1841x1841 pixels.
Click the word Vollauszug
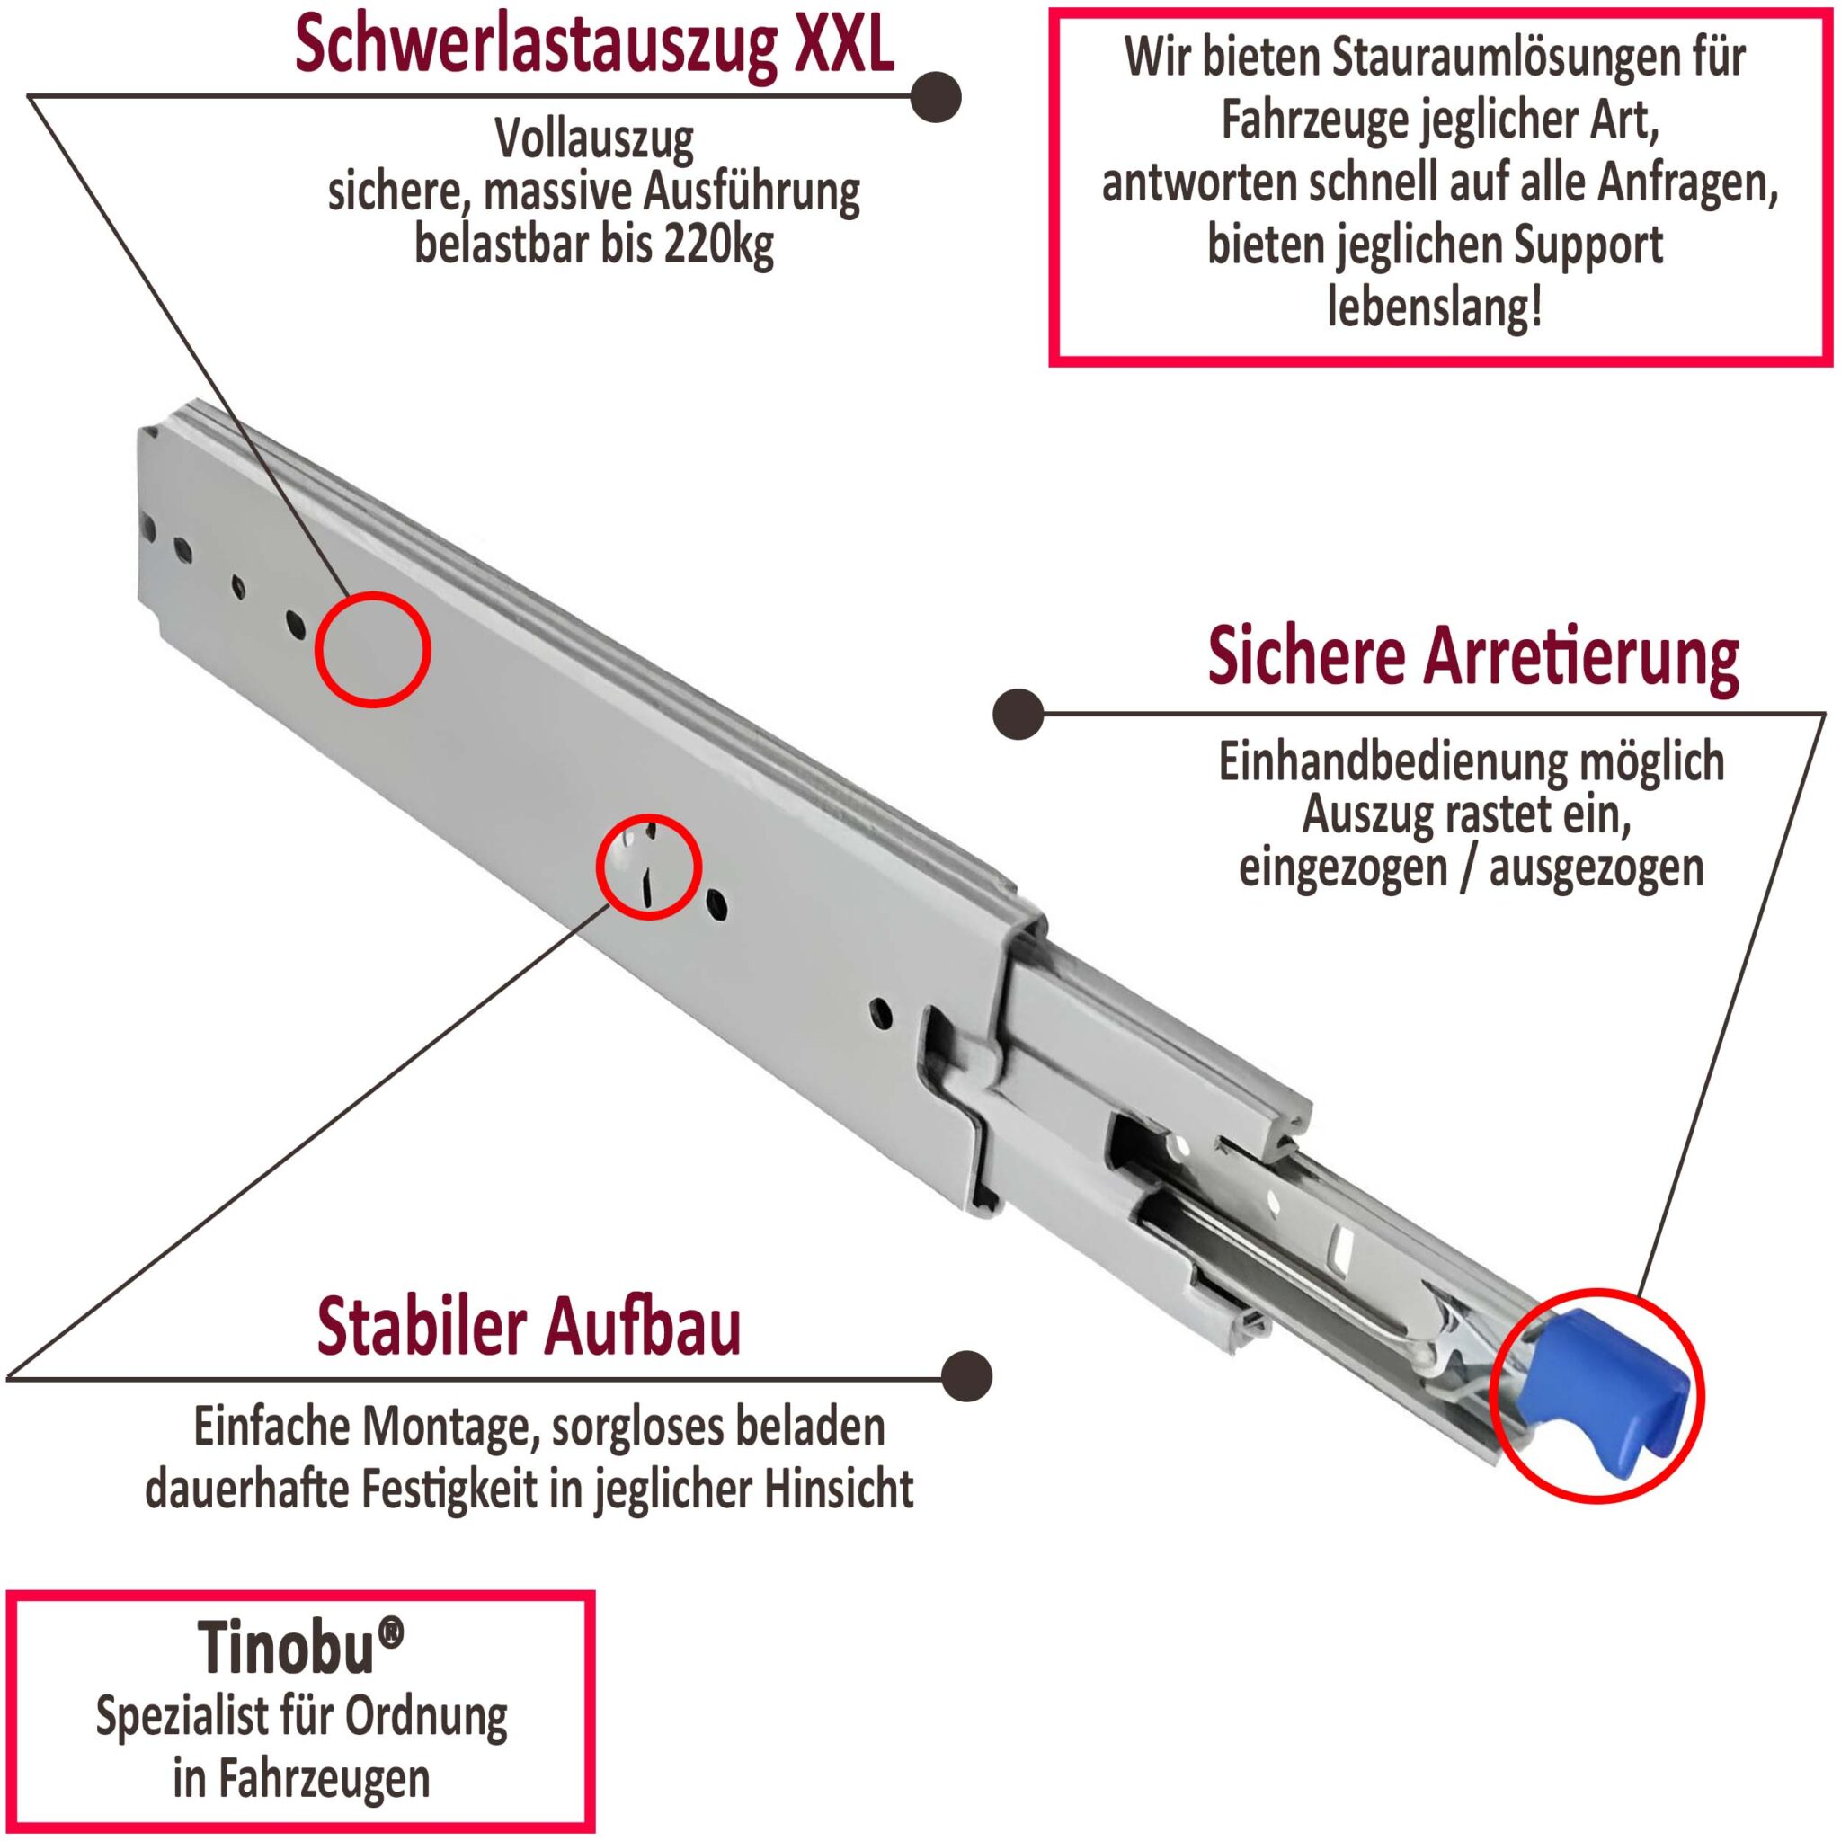pos(593,140)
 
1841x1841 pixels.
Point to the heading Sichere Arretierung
pos(1473,655)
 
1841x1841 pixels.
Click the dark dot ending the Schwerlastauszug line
pos(934,96)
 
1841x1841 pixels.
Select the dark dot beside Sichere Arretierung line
pos(1018,714)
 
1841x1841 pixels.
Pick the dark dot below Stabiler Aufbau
pos(965,1376)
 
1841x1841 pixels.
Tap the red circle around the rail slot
pos(649,867)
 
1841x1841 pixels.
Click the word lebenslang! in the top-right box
pos(1434,307)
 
